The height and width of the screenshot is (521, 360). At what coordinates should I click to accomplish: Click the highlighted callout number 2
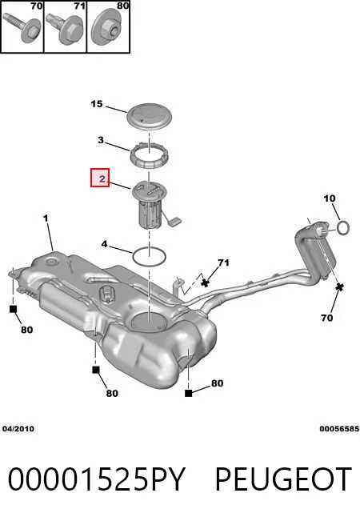(100, 178)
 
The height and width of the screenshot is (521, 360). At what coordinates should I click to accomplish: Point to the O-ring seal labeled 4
(149, 257)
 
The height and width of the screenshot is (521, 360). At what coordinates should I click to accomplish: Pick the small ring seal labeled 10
(343, 228)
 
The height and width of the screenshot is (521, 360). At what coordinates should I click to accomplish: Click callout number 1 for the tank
(46, 218)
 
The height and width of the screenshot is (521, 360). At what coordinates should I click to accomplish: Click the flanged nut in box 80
(106, 27)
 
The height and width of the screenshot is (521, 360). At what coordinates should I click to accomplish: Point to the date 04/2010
(18, 429)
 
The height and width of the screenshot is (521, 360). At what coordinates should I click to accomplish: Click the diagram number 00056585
(339, 429)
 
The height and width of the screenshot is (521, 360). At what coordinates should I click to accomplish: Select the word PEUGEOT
(283, 479)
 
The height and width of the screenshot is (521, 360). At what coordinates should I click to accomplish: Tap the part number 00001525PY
(96, 479)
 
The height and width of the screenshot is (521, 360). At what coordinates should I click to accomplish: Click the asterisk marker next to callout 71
(206, 283)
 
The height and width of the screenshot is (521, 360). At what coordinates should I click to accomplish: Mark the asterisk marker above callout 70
(339, 287)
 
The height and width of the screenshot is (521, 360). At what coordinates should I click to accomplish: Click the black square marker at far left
(13, 309)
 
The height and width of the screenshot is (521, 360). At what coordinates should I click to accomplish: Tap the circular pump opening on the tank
(149, 322)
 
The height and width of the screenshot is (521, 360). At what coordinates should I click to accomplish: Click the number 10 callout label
(330, 198)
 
